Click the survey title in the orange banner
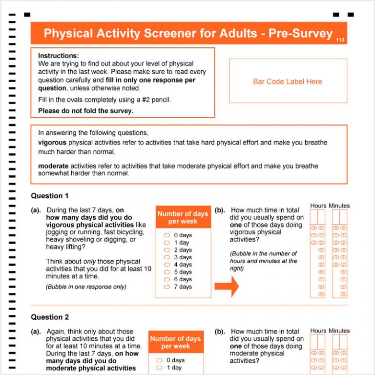pyautogui.click(x=188, y=33)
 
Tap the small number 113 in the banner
pyautogui.click(x=340, y=40)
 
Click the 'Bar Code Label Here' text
pyautogui.click(x=288, y=82)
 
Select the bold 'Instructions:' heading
pyautogui.click(x=58, y=56)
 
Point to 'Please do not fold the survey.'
pyautogui.click(x=85, y=110)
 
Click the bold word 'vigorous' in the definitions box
pyautogui.click(x=52, y=143)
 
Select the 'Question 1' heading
pyautogui.click(x=50, y=196)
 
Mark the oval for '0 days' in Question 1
pyautogui.click(x=167, y=235)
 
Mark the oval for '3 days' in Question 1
pyautogui.click(x=167, y=257)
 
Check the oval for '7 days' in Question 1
pyautogui.click(x=167, y=287)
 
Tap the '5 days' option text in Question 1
pyautogui.click(x=183, y=272)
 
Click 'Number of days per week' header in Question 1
pyautogui.click(x=183, y=217)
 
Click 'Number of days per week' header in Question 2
pyautogui.click(x=175, y=342)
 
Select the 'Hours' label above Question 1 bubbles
pyautogui.click(x=318, y=206)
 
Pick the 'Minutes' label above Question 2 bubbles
pyautogui.click(x=339, y=331)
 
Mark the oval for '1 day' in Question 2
pyautogui.click(x=159, y=368)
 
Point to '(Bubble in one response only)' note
pyautogui.click(x=86, y=287)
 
